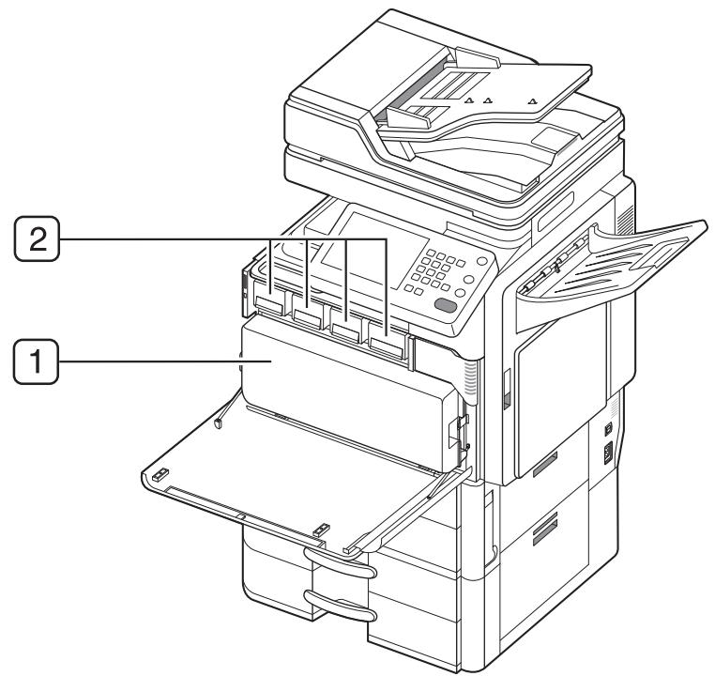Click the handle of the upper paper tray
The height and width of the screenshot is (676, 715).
pos(339,569)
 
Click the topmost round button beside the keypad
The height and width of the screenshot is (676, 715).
pos(481,264)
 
